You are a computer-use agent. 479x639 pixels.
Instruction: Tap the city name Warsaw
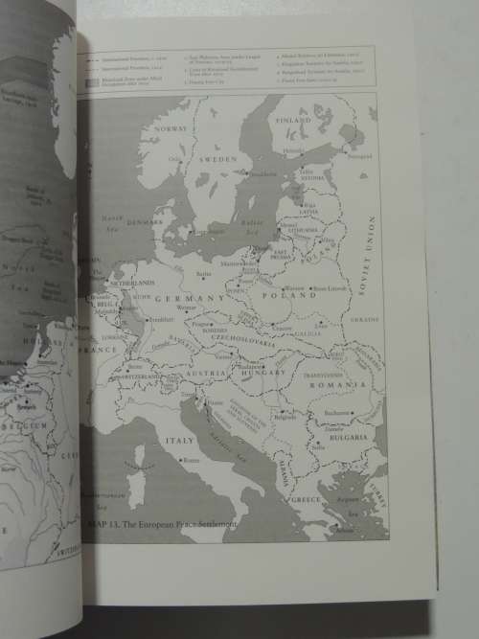pyautogui.click(x=293, y=288)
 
